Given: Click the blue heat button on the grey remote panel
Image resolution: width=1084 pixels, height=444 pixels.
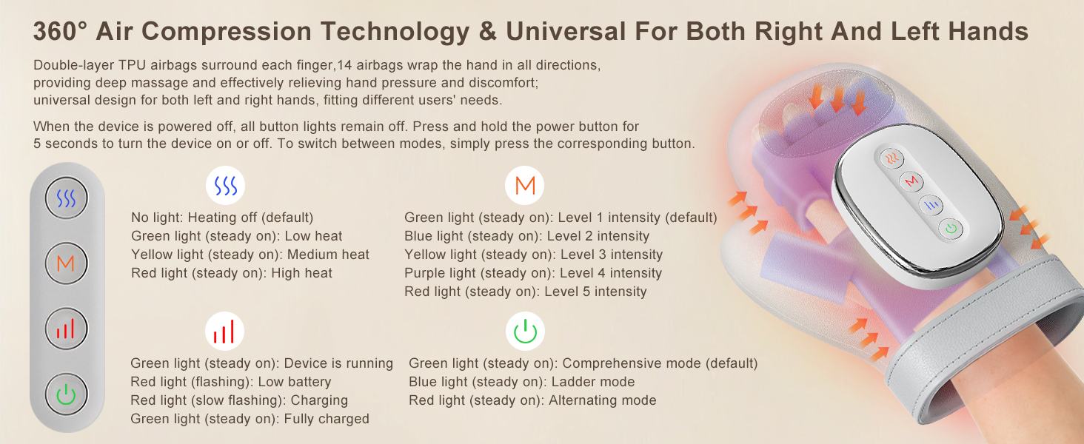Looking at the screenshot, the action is tap(67, 198).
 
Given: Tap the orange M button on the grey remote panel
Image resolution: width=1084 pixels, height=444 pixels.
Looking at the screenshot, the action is tap(67, 263).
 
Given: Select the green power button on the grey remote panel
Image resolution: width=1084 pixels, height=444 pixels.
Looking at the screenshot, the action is tap(67, 394).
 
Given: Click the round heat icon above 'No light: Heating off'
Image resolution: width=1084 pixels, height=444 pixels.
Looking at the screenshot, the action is tap(226, 186).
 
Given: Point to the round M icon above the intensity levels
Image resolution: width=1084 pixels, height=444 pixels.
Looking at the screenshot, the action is tap(524, 186).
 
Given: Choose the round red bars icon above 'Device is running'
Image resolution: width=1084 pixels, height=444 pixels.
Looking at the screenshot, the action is tap(224, 332).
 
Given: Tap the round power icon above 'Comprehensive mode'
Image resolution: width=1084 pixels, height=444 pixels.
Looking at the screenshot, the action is tap(525, 332).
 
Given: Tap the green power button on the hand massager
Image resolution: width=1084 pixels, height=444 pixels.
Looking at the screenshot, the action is tap(951, 228).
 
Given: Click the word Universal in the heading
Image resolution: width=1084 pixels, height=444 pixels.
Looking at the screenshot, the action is tap(566, 31).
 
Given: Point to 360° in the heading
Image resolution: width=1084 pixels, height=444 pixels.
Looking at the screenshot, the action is tap(60, 31).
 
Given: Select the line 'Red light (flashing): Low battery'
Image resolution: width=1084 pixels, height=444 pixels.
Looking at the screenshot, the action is tap(231, 382).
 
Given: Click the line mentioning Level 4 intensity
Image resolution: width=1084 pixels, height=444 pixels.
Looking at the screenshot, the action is tap(533, 273).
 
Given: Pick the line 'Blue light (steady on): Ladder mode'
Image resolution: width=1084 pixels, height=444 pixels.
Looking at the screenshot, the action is tap(522, 382).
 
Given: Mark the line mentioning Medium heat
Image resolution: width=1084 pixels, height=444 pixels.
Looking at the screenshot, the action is tap(250, 255).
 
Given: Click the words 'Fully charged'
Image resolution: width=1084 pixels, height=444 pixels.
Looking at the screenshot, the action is tap(327, 418).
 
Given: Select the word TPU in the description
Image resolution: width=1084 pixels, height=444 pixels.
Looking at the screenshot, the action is tap(132, 65).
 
